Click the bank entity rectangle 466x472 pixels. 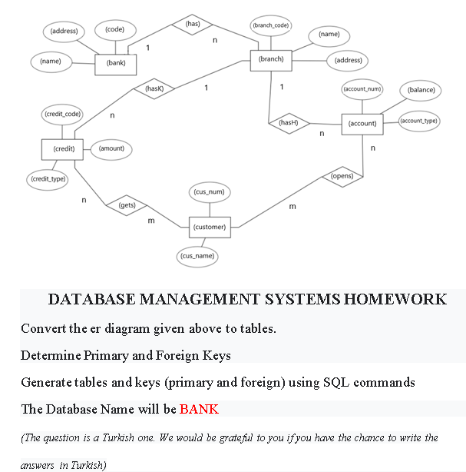point(116,63)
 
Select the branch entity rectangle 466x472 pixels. point(271,58)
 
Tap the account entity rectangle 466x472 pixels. point(362,123)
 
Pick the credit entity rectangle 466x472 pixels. point(63,148)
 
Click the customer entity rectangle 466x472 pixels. point(210,227)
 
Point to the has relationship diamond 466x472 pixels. point(193,24)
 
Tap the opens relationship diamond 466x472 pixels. point(342,176)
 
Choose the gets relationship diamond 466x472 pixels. point(127,205)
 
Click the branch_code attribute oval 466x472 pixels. point(270,25)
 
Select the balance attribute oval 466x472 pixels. point(421,90)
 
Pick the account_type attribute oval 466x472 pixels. point(419,121)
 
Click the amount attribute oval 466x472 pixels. point(112,148)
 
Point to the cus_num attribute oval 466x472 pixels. point(210,191)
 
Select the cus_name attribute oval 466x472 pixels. point(197,255)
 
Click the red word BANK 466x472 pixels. point(199,408)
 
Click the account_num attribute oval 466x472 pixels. point(362,89)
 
